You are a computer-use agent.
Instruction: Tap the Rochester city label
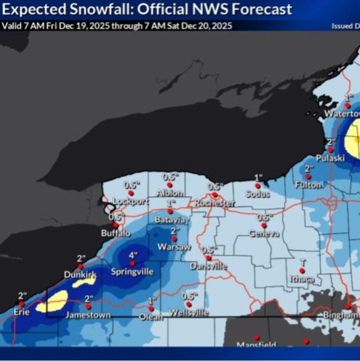(214, 204)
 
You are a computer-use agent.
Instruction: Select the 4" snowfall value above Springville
(133, 256)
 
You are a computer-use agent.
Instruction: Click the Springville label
(133, 272)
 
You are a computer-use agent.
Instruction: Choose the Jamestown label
(88, 315)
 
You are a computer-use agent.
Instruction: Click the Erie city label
(27, 312)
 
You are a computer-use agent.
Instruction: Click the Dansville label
(208, 266)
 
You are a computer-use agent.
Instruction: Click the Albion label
(170, 193)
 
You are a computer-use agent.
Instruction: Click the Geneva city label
(264, 234)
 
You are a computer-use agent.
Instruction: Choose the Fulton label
(309, 185)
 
